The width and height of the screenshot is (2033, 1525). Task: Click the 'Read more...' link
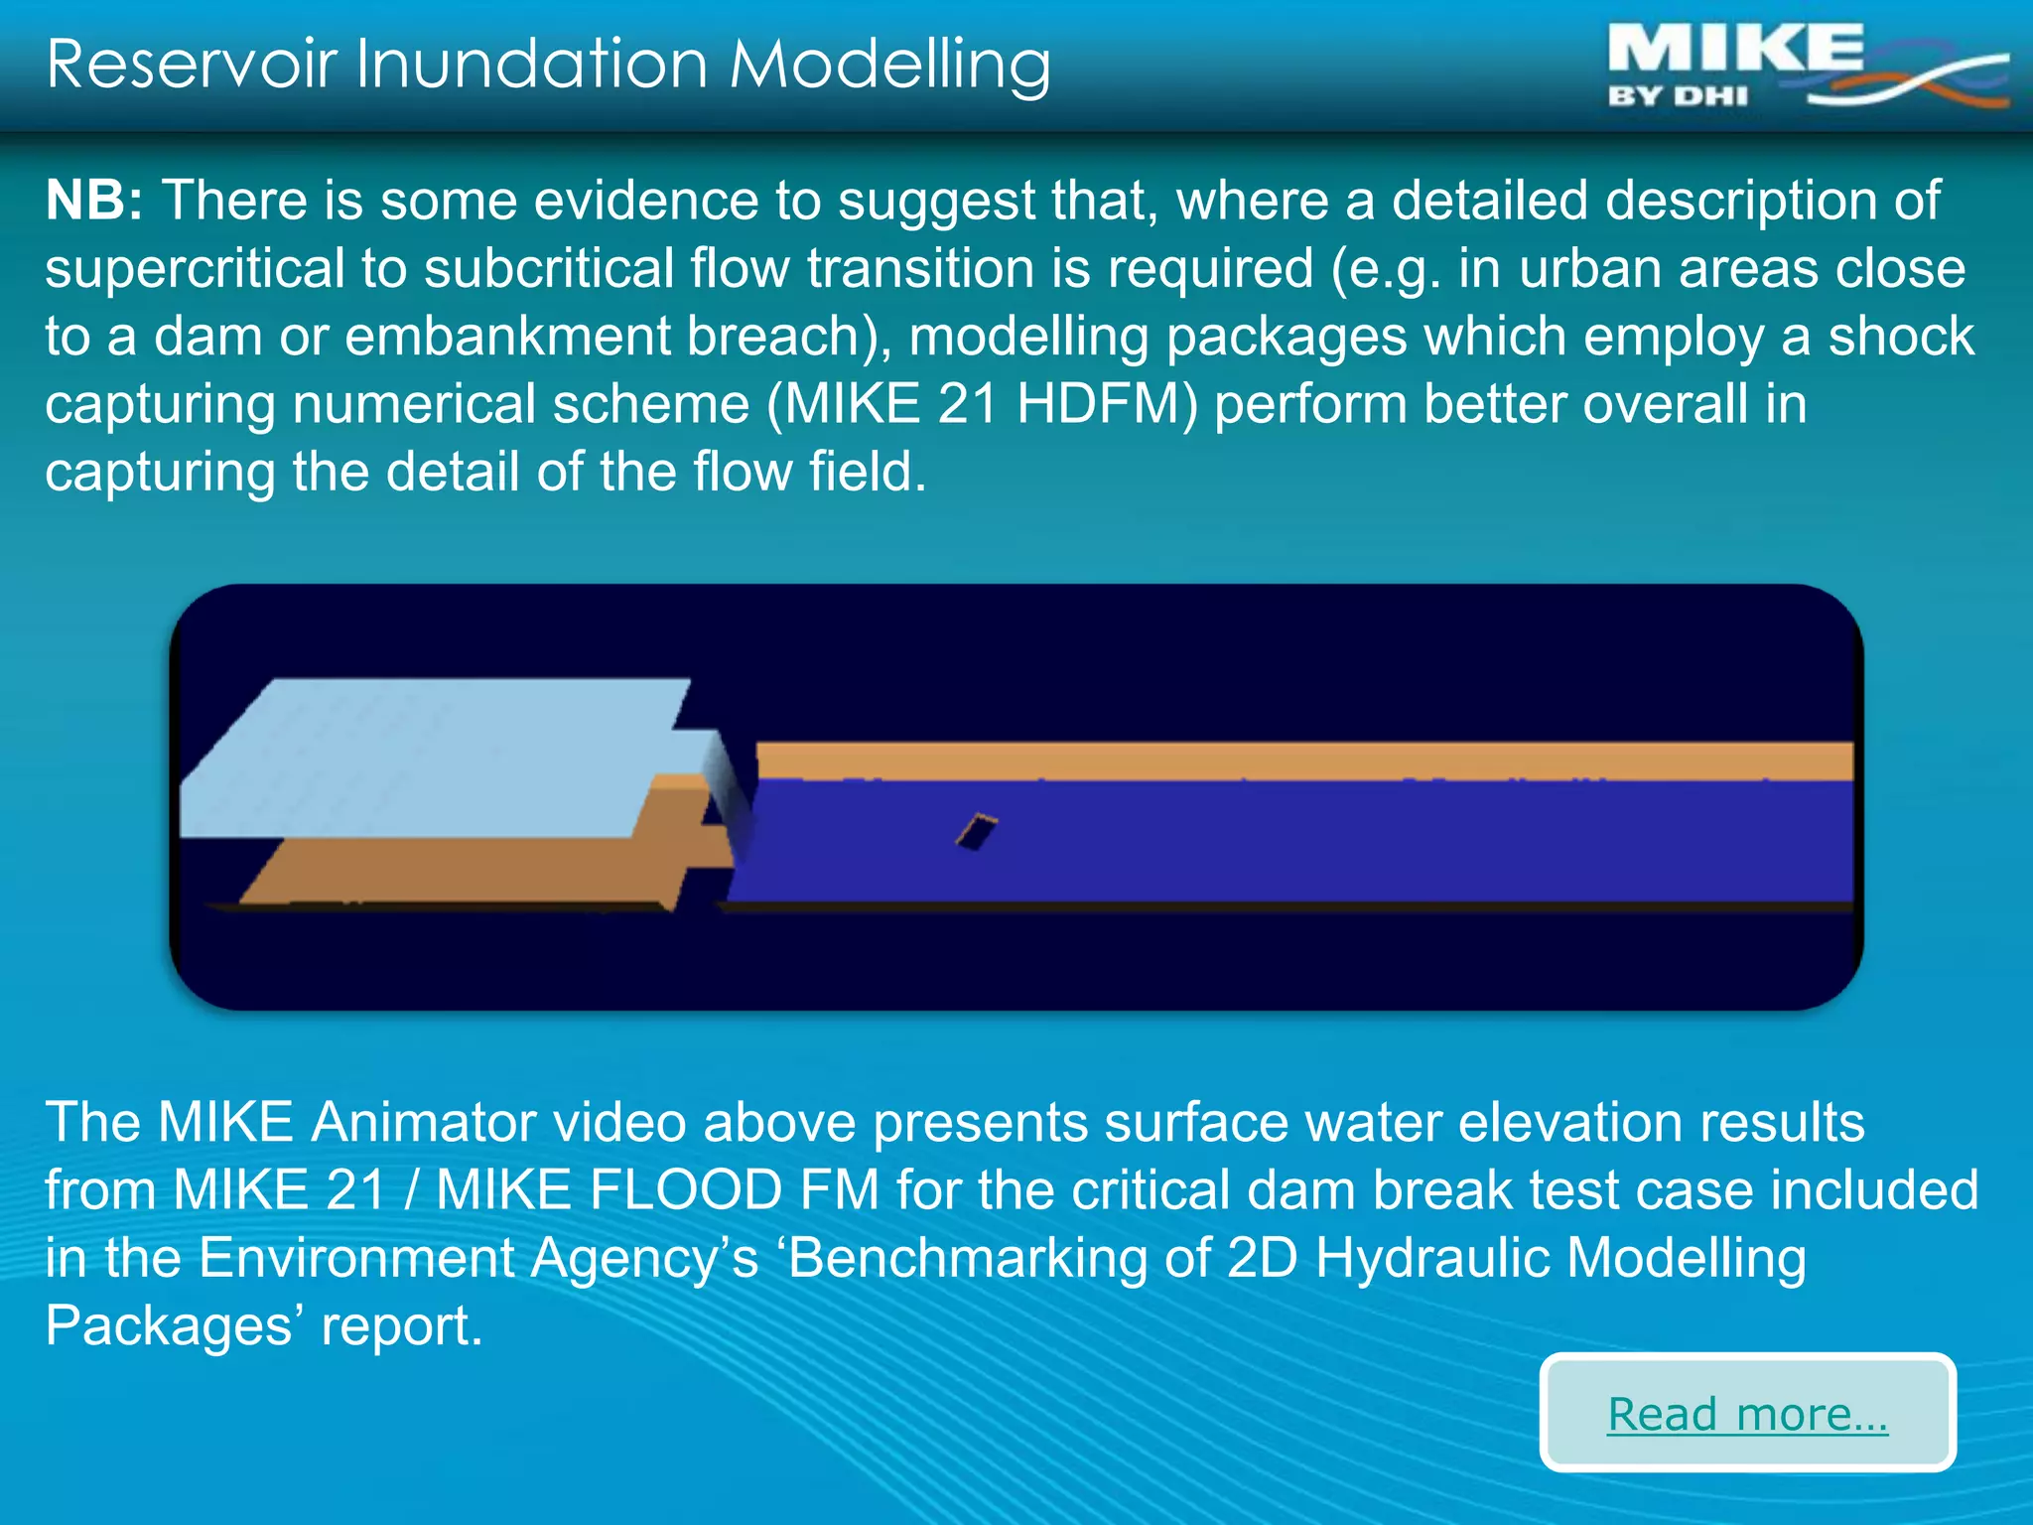click(1747, 1414)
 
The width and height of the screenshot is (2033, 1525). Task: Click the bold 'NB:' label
click(94, 201)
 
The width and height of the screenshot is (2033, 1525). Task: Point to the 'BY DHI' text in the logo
click(1678, 97)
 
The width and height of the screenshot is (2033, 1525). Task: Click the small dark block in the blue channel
click(976, 831)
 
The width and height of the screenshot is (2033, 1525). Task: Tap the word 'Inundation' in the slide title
click(531, 65)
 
